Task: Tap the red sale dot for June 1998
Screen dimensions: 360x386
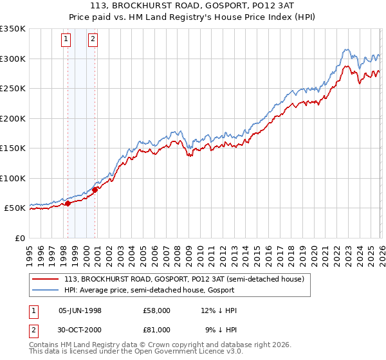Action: click(x=68, y=204)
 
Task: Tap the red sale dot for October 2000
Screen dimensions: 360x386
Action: click(x=95, y=190)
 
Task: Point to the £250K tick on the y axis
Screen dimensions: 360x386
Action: click(x=13, y=89)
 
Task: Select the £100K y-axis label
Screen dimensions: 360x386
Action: click(x=13, y=178)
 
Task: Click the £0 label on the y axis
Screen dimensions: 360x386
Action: click(x=19, y=238)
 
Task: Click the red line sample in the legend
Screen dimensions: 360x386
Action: click(x=46, y=279)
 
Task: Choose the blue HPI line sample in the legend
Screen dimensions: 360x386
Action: click(x=46, y=290)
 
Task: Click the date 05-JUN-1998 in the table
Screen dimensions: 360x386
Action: click(x=80, y=310)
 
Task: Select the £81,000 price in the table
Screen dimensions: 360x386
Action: click(x=157, y=329)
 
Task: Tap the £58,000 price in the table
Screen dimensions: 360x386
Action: click(x=157, y=310)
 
